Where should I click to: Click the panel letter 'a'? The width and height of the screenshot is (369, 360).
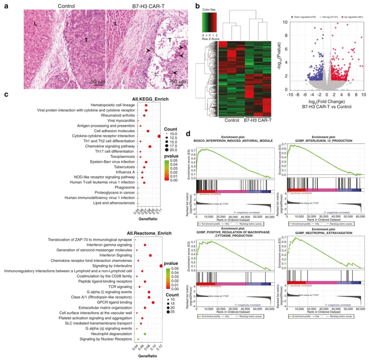click(x=6, y=5)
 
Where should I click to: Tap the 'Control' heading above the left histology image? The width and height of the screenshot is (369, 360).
click(x=66, y=6)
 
